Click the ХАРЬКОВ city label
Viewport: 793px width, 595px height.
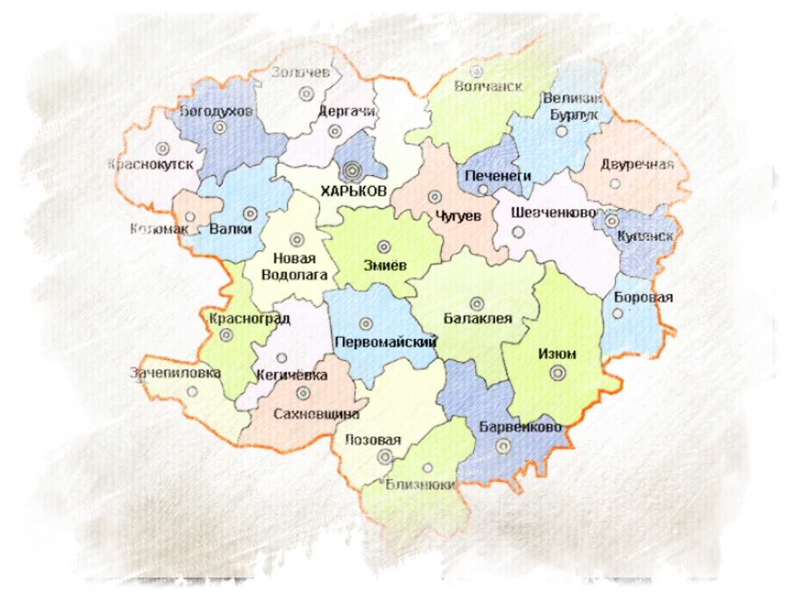click(x=353, y=191)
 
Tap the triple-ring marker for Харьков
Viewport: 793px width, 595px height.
click(x=352, y=171)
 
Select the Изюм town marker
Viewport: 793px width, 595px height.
click(x=558, y=374)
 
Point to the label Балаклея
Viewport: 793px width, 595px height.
click(x=478, y=319)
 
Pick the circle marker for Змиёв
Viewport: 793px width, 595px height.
click(x=383, y=247)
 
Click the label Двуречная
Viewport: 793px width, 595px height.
click(x=637, y=165)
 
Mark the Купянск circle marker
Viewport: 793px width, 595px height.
click(x=611, y=221)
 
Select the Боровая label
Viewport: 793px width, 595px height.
click(x=643, y=297)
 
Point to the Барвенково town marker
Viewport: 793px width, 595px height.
click(x=503, y=446)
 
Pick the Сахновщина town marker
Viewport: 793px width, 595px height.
click(x=303, y=393)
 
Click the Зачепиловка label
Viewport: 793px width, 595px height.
click(x=175, y=373)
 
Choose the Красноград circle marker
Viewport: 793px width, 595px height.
click(x=227, y=335)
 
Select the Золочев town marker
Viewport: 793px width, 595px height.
click(x=305, y=94)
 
